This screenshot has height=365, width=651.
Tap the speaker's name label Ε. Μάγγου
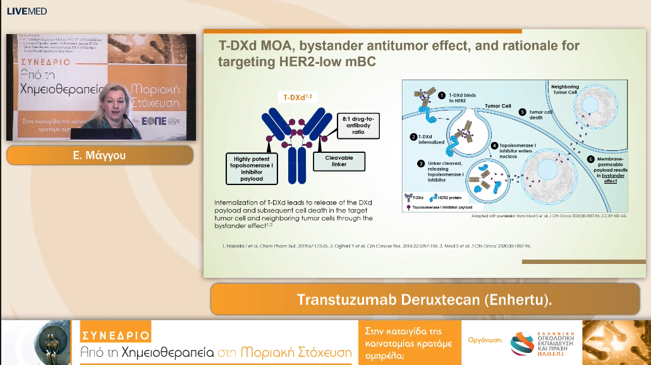[x=99, y=155]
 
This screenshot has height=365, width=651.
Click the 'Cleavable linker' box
[x=339, y=160]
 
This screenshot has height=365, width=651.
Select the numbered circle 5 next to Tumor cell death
[x=522, y=112]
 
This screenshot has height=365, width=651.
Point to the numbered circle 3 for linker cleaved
[x=421, y=164]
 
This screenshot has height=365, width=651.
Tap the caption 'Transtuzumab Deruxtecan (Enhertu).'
[x=424, y=299]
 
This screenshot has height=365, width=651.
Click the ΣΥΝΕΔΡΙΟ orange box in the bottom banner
[x=115, y=335]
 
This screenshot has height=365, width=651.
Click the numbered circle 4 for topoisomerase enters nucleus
[x=495, y=145]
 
